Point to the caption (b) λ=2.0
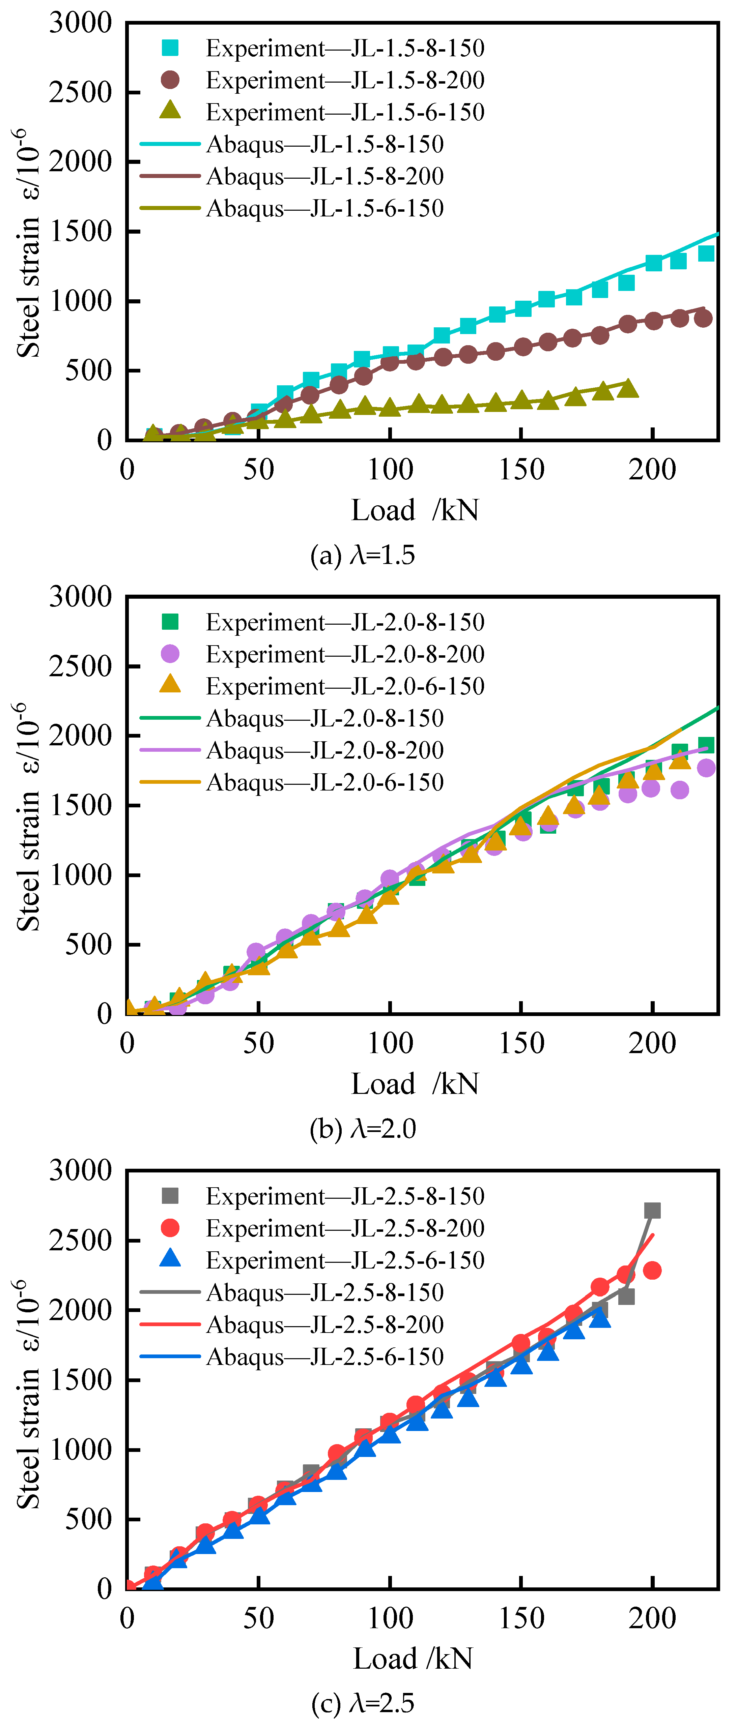(363, 1129)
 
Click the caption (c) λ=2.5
(363, 1703)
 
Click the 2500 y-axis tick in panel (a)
(81, 92)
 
